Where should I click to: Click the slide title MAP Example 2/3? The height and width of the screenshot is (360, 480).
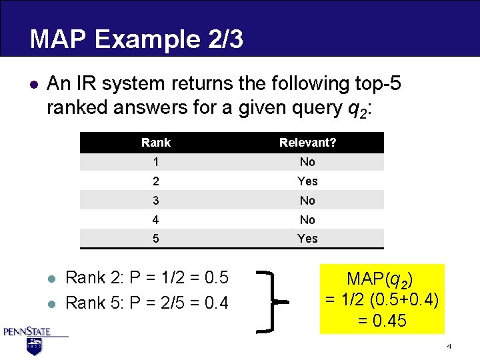pyautogui.click(x=136, y=39)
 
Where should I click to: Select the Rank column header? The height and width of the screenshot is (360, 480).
pyautogui.click(x=156, y=143)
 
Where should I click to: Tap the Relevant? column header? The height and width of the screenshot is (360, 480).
pyautogui.click(x=307, y=143)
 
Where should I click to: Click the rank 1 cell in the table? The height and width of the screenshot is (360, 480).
pyautogui.click(x=156, y=162)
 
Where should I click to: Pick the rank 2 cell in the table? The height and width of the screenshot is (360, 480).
pyautogui.click(x=156, y=181)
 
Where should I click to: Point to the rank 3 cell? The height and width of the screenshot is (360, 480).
pyautogui.click(x=156, y=201)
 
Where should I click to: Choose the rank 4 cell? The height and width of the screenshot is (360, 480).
pyautogui.click(x=156, y=220)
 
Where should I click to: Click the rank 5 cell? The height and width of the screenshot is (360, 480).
pyautogui.click(x=156, y=239)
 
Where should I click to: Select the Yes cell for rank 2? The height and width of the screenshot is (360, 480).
pyautogui.click(x=307, y=181)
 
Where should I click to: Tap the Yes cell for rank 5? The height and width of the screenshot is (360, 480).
pyautogui.click(x=307, y=239)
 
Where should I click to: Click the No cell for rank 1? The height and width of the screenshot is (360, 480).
pyautogui.click(x=307, y=162)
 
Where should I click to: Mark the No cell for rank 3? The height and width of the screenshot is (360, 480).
pyautogui.click(x=307, y=201)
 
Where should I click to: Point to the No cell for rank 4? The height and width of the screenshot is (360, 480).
pyautogui.click(x=307, y=220)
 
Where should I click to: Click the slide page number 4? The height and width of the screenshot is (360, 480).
pyautogui.click(x=449, y=347)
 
